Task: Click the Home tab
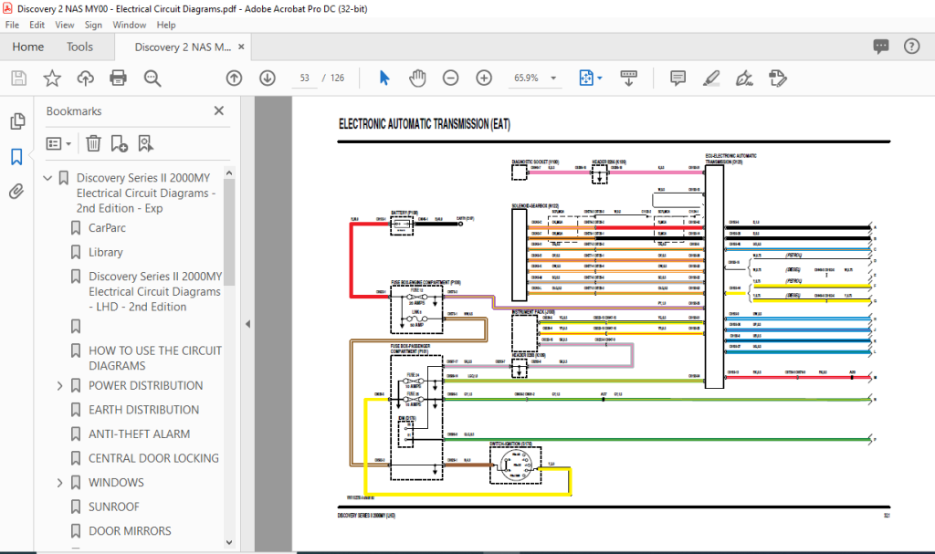[27, 47]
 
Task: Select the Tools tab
[79, 47]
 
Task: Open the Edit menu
[37, 25]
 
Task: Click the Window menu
[129, 25]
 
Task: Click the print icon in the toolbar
[118, 78]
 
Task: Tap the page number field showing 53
[303, 78]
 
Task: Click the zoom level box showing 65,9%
[533, 78]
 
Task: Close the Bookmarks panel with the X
[218, 110]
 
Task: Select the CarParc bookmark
[107, 228]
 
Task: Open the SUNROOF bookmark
[114, 507]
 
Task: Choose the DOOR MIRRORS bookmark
[130, 531]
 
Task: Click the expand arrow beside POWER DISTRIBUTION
[61, 386]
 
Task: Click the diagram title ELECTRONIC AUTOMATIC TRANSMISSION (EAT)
[425, 124]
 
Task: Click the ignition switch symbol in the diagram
[515, 465]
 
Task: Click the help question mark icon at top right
[910, 47]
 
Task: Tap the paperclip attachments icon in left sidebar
[16, 191]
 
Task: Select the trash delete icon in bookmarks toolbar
[93, 142]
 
